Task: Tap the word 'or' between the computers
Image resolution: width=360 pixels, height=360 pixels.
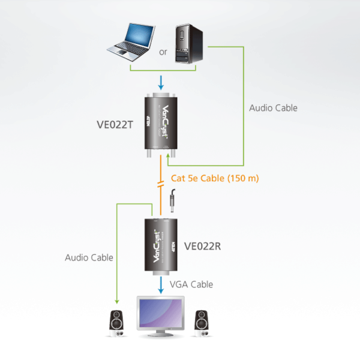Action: point(163,52)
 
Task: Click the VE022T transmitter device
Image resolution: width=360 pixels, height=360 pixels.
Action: point(160,123)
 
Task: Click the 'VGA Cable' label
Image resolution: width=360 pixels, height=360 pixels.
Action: point(192,284)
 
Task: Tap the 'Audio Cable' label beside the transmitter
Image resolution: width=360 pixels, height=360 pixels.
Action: point(273,108)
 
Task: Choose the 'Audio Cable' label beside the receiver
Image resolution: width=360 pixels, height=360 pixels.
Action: point(89,257)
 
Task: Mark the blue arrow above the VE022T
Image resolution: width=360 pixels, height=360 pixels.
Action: point(160,81)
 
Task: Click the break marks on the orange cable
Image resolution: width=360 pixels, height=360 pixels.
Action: point(160,184)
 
